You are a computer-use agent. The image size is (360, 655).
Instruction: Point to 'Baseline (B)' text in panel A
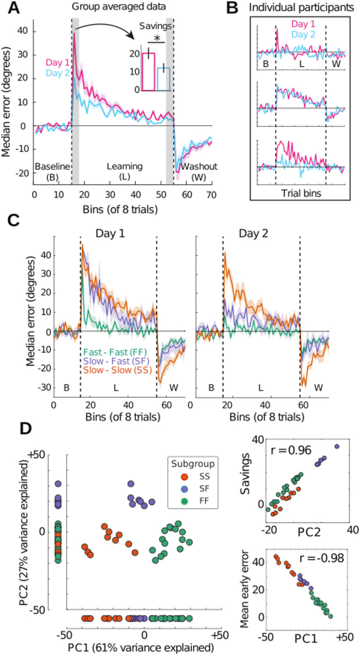coord(53,172)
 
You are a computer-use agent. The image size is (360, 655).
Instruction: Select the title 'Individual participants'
coord(308,8)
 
